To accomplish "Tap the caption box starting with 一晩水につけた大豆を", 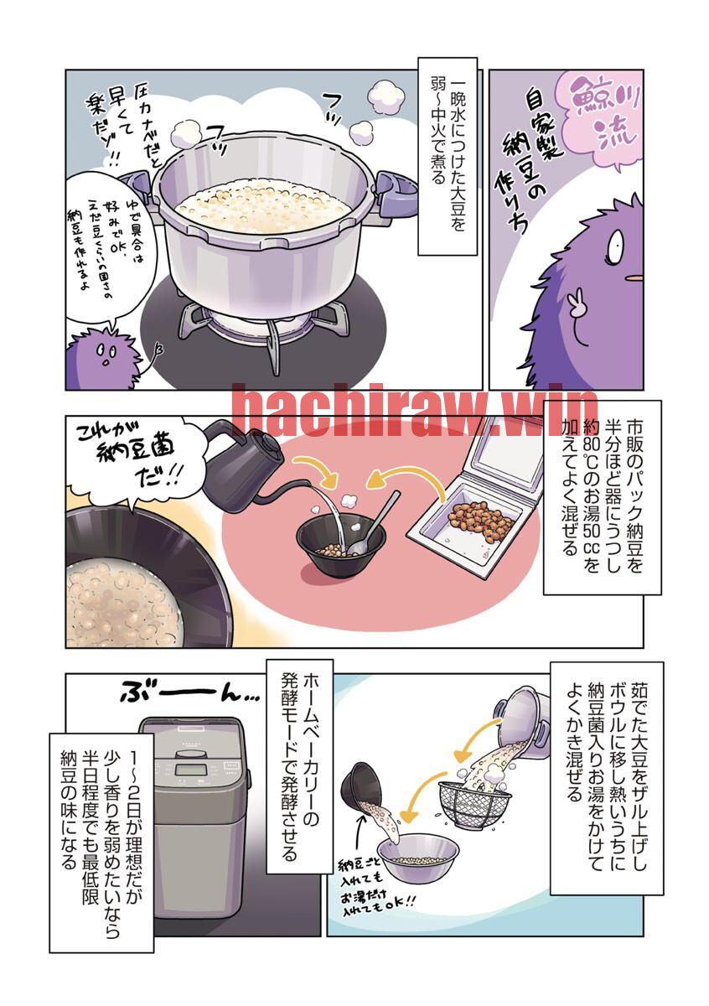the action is (x=448, y=156).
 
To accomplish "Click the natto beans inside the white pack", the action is (x=483, y=521).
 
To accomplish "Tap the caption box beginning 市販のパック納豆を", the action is (x=602, y=498).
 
